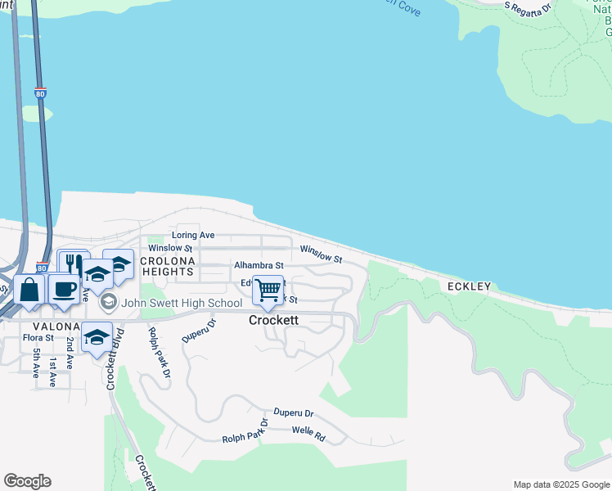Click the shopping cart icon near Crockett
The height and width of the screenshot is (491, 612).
pos(268,290)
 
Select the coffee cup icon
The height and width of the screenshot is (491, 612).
pos(64,289)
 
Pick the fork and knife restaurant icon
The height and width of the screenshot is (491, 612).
pos(73,264)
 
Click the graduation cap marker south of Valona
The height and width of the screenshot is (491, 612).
pos(97,337)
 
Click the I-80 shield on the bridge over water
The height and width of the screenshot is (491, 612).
pos(41,94)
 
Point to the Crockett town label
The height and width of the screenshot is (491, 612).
pos(273,321)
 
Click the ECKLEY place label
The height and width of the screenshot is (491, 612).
pos(469,286)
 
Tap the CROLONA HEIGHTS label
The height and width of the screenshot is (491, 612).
pos(166,265)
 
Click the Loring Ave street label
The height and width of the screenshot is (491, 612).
pos(193,235)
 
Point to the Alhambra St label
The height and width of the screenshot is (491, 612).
pos(259,265)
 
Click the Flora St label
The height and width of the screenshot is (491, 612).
pos(38,336)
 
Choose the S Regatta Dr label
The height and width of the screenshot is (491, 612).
pos(529,8)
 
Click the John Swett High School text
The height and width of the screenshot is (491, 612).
pos(182,304)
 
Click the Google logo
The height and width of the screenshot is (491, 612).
pos(27,481)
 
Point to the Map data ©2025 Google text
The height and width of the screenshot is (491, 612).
pos(560,484)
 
